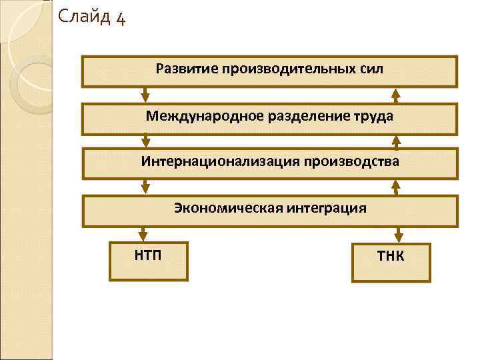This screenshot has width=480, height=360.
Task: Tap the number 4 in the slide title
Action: (x=120, y=17)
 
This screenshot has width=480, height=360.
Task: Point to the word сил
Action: (x=369, y=69)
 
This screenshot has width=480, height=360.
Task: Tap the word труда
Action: (x=369, y=116)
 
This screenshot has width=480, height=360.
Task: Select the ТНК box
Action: (x=391, y=262)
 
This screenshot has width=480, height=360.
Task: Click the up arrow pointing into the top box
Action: (x=396, y=94)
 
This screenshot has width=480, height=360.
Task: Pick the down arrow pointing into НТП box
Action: (x=143, y=233)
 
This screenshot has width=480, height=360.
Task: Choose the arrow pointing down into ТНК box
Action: (x=398, y=234)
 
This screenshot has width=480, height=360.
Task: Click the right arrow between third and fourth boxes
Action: (x=396, y=187)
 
